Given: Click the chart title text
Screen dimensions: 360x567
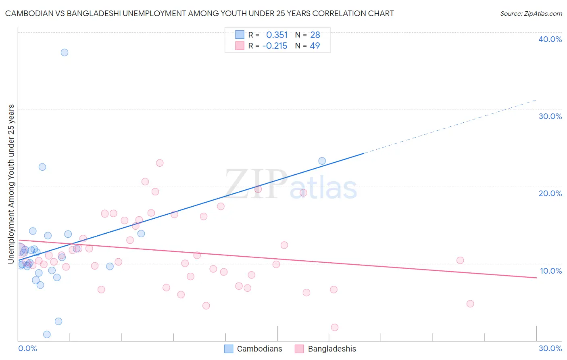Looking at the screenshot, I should [199, 13].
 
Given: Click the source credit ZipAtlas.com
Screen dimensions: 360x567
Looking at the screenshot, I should [531, 13].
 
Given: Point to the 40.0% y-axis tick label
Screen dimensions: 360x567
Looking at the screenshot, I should [550, 39].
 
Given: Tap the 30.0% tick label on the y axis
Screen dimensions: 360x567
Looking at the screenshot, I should [550, 116].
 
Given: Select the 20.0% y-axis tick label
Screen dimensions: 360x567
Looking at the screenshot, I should [550, 193].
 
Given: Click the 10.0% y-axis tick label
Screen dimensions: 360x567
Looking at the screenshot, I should [550, 271].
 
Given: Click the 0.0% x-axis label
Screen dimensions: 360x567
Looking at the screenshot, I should [27, 348].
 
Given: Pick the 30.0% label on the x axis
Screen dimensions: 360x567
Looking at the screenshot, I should [550, 348].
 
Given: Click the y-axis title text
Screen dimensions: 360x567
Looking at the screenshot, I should [11, 184].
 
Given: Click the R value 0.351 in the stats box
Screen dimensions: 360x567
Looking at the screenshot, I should [277, 35].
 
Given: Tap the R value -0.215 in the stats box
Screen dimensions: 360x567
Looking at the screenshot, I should [275, 46].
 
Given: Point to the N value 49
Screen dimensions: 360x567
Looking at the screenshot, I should [315, 46].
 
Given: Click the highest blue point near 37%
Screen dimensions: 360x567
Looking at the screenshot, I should [65, 52].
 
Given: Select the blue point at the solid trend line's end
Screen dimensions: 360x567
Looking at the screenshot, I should [322, 161].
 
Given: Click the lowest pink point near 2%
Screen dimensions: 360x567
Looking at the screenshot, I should [334, 327].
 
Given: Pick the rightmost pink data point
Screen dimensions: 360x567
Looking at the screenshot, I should [470, 303].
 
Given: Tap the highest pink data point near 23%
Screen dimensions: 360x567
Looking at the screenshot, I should [160, 163].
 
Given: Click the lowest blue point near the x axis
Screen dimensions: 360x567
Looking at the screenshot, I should [47, 334].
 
